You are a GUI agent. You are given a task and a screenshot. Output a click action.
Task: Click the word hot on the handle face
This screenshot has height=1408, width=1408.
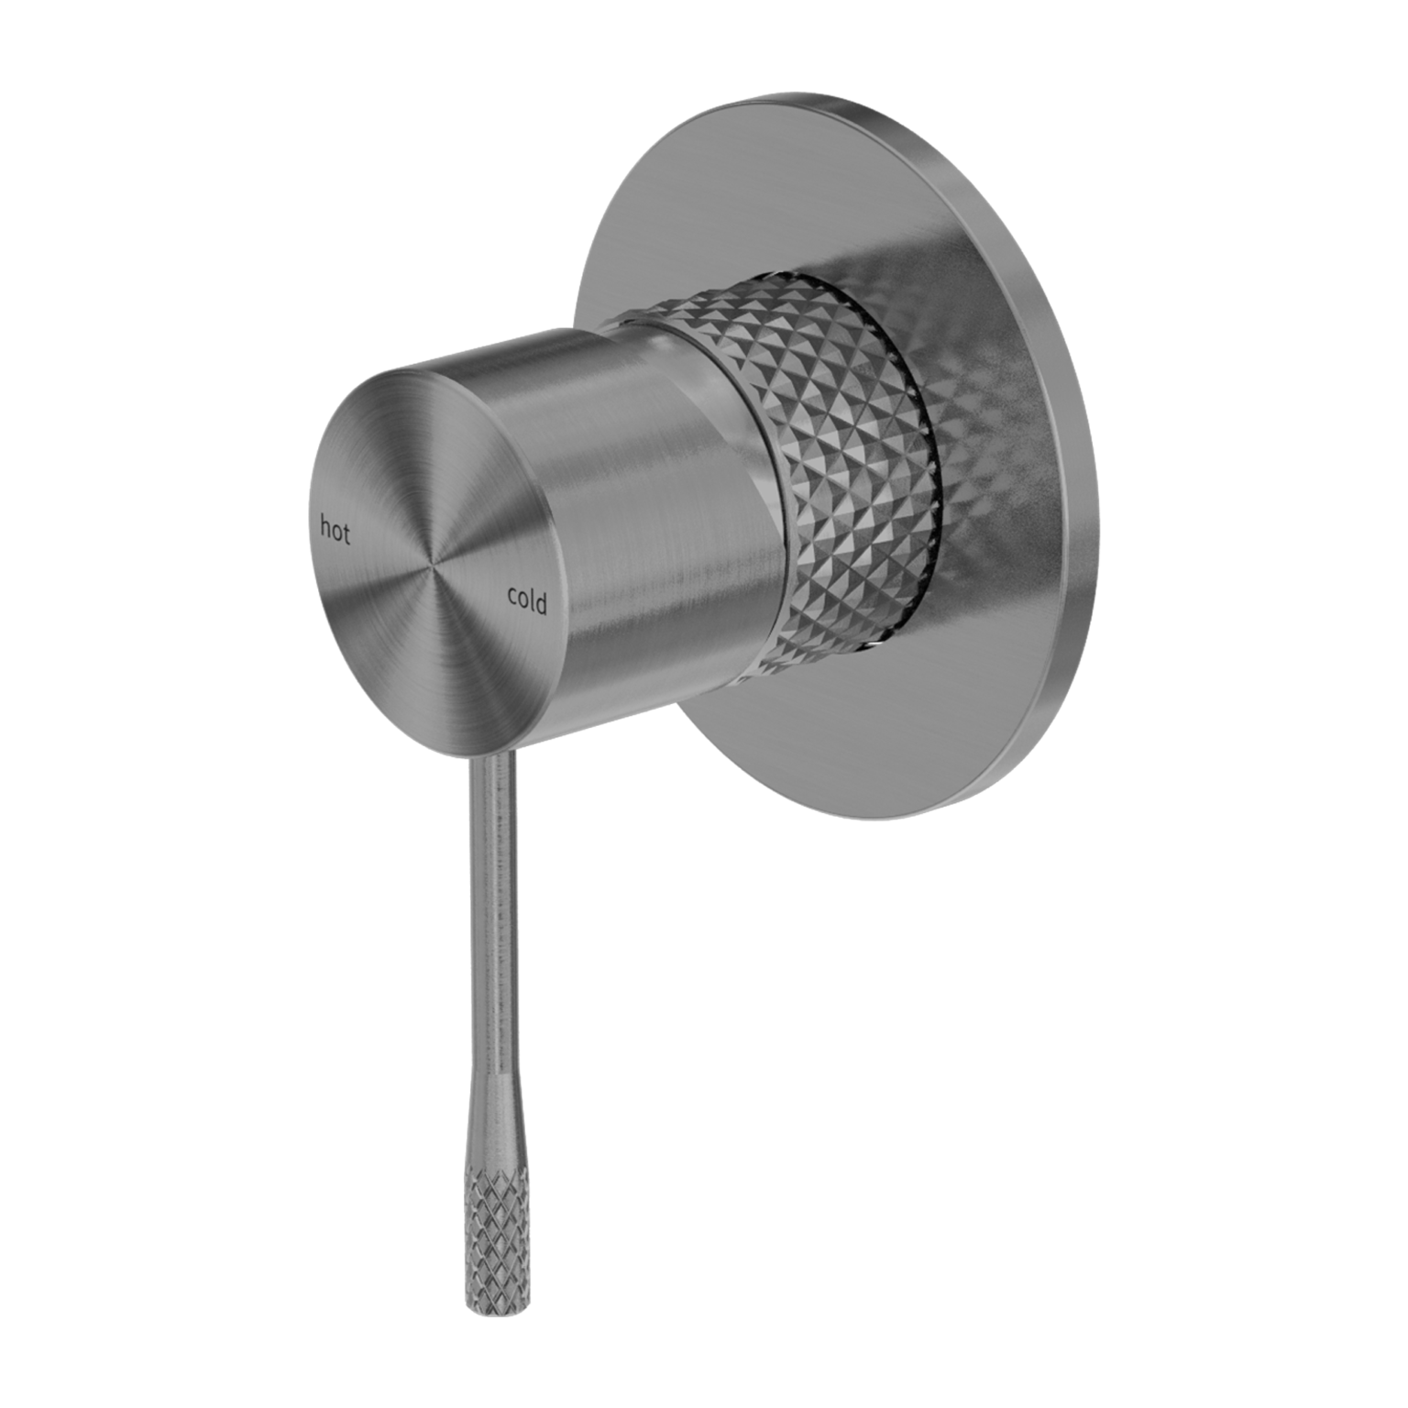[335, 531]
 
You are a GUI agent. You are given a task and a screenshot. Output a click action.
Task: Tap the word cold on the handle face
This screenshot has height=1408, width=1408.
[527, 601]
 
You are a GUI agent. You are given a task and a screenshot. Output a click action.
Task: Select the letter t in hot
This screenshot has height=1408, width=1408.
[346, 534]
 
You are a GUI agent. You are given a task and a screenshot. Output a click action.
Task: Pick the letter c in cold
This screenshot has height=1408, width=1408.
[513, 597]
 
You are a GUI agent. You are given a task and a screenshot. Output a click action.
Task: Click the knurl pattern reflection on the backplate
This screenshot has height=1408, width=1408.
[972, 440]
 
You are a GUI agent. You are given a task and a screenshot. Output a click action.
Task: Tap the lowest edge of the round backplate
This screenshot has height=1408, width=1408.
[880, 819]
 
